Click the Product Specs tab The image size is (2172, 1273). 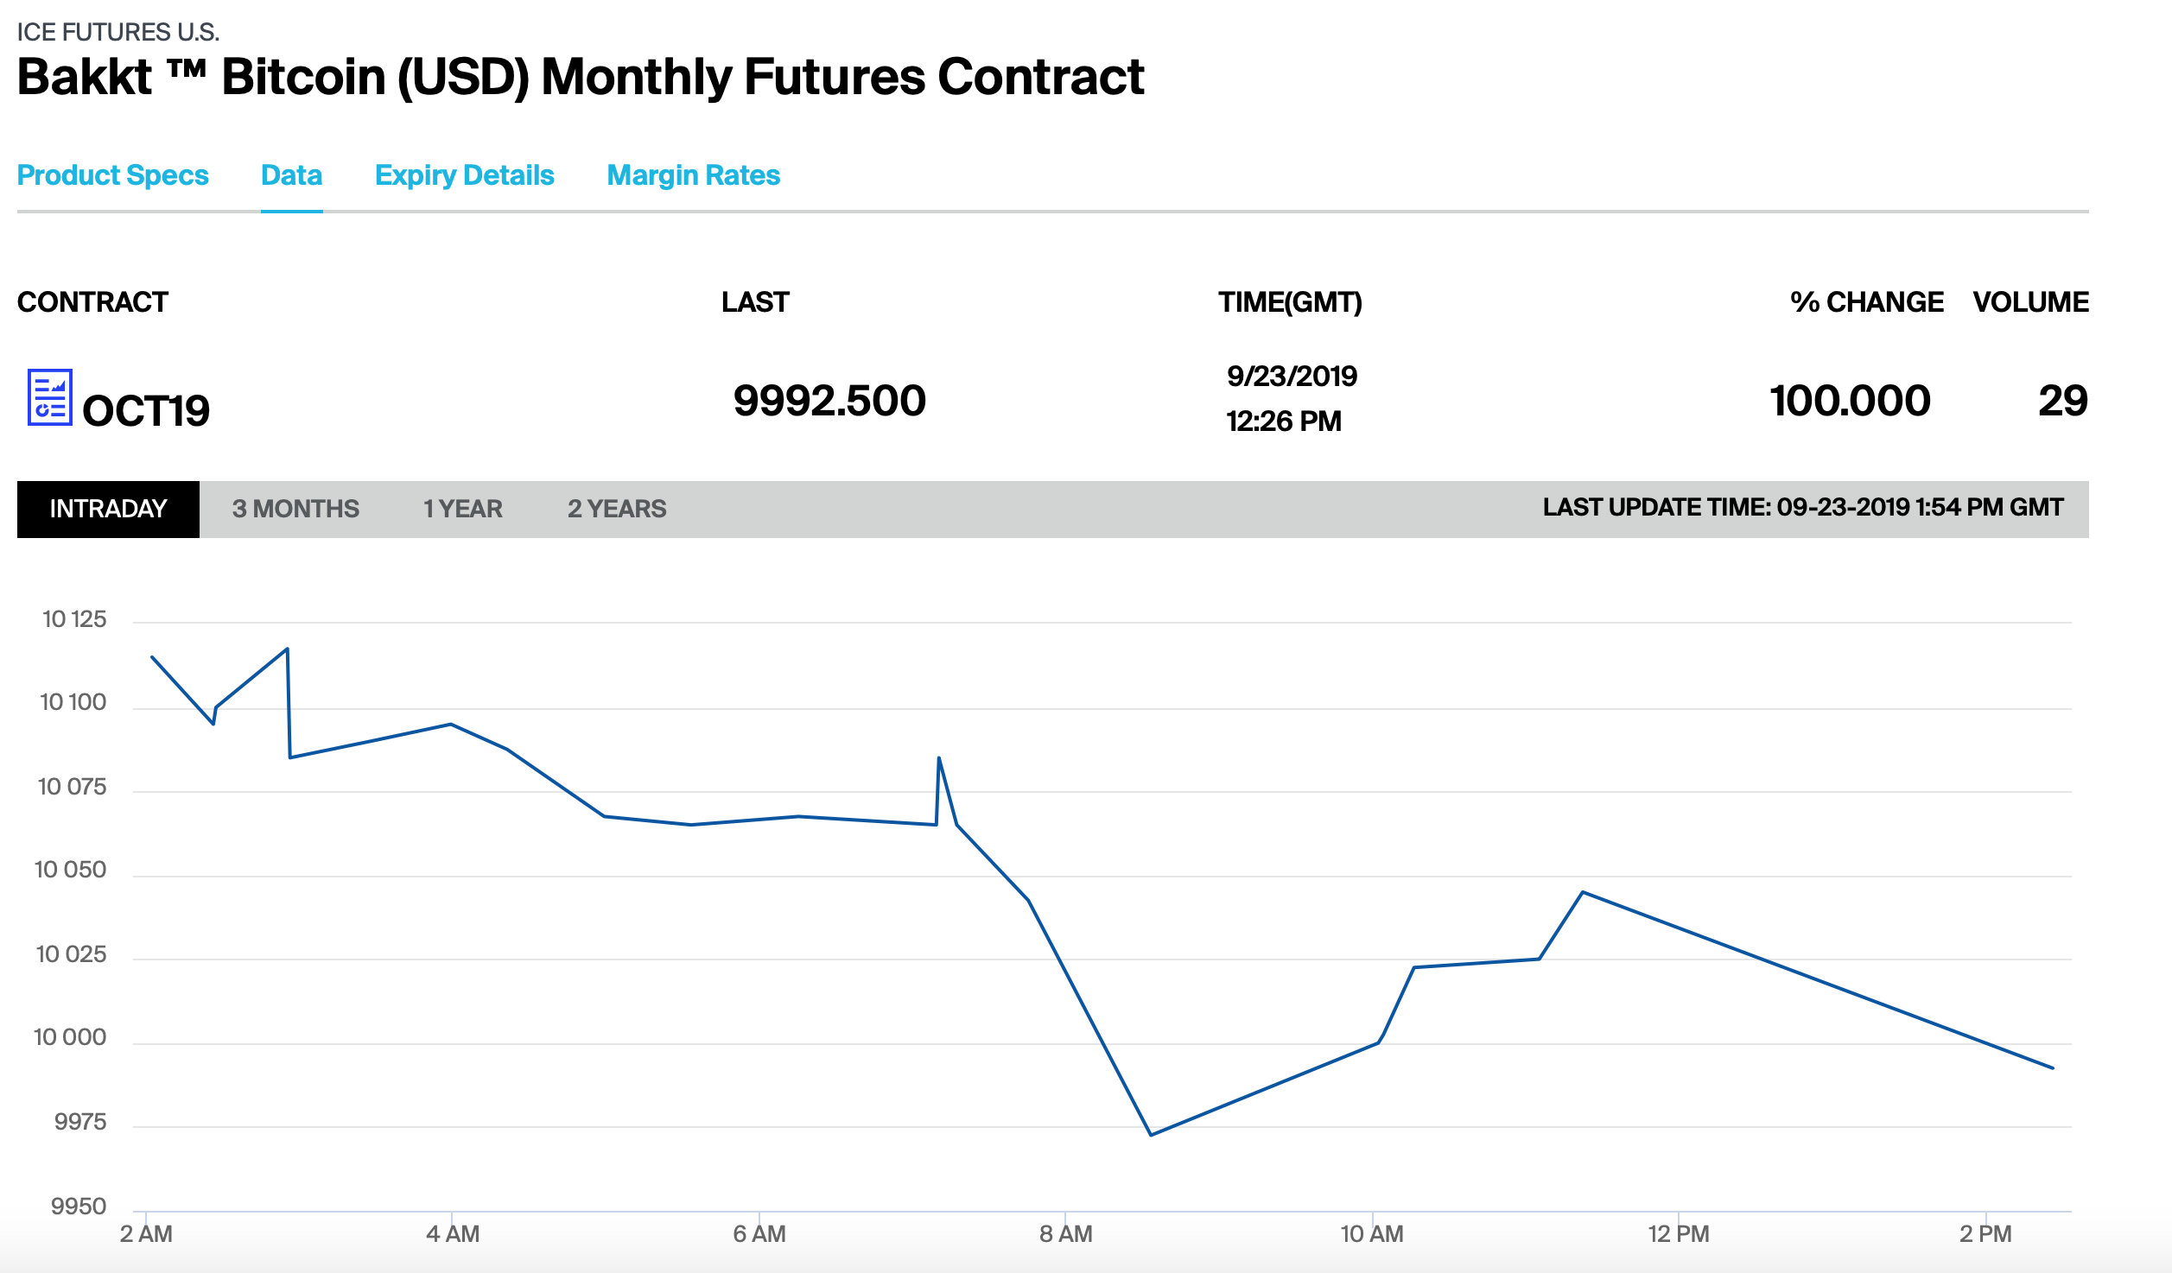(x=113, y=175)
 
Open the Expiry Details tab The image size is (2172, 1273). (x=465, y=175)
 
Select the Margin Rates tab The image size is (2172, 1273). (x=694, y=175)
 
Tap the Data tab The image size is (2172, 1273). (x=292, y=175)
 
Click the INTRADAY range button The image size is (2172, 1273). (x=108, y=509)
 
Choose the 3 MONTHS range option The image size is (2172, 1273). (x=295, y=509)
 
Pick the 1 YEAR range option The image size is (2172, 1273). (x=463, y=509)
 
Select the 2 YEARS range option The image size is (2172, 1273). (x=617, y=509)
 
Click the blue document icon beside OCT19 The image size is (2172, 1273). (x=49, y=397)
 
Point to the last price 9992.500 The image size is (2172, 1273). (x=829, y=401)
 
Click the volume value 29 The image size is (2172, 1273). (x=2063, y=401)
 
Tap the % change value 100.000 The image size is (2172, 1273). (x=1850, y=401)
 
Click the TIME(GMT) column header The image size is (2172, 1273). (x=1290, y=302)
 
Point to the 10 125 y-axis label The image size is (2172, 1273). (x=74, y=619)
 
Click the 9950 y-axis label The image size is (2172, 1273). (x=79, y=1206)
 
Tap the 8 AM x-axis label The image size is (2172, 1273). (x=1066, y=1234)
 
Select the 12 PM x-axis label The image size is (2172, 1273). (x=1679, y=1234)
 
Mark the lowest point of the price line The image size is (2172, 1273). (x=1151, y=1135)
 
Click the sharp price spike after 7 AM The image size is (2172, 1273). (x=939, y=758)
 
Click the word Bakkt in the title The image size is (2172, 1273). (x=85, y=77)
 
